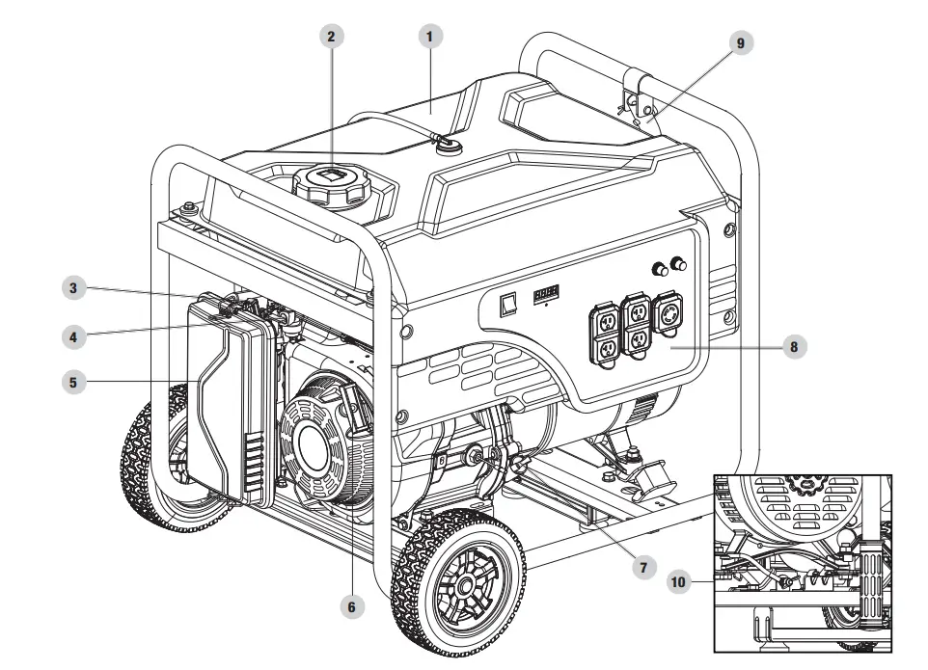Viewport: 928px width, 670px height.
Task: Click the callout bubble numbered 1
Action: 429,37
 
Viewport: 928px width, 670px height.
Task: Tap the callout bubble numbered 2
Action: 331,37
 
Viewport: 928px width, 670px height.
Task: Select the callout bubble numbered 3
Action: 71,287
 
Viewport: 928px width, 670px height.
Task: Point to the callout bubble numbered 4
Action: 71,337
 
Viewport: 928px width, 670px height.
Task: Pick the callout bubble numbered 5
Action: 71,382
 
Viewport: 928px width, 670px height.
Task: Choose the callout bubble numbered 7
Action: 642,567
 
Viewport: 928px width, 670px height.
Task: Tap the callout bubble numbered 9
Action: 740,42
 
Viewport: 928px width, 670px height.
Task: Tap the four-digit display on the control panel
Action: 549,289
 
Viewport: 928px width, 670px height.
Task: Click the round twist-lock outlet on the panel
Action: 667,317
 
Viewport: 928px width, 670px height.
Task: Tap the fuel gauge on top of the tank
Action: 447,144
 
